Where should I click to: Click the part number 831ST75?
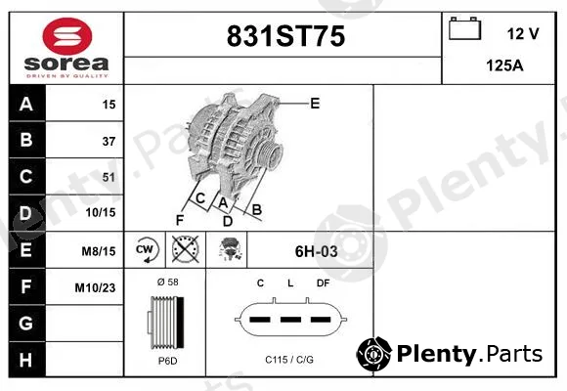(285, 36)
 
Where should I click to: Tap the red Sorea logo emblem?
(67, 36)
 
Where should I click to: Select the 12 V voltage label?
(523, 33)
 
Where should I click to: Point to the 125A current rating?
(504, 65)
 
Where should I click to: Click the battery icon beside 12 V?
(464, 28)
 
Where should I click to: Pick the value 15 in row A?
(109, 105)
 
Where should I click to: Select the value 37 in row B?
(109, 141)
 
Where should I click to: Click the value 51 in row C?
(109, 177)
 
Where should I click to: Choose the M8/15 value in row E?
(99, 251)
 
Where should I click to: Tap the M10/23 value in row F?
(95, 287)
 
